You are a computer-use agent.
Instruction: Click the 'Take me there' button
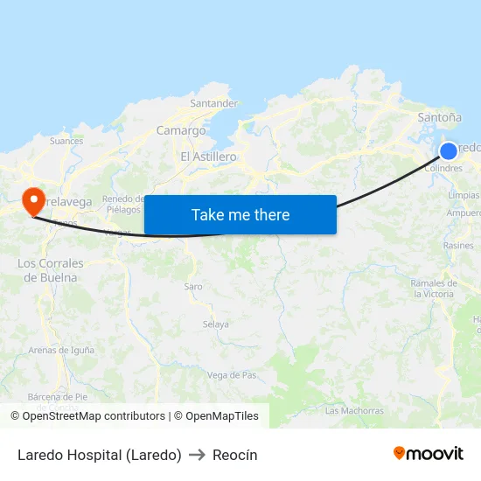pos(240,215)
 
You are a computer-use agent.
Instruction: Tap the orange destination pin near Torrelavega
pos(34,200)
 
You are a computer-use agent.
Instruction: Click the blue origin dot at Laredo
pos(449,150)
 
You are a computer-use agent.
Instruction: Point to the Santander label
pos(213,103)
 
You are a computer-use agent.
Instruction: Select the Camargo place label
pos(181,131)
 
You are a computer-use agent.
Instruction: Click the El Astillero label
pos(208,157)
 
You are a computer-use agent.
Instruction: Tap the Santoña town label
pos(440,116)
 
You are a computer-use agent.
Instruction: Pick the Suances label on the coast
pos(66,141)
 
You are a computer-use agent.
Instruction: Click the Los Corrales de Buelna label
pos(51,270)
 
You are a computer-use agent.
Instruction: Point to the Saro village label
pos(192,286)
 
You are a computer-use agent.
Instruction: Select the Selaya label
pos(215,324)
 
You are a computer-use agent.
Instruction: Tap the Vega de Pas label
pos(232,375)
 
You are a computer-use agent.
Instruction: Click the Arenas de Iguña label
pos(60,351)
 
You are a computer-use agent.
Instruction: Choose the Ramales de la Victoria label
pos(433,289)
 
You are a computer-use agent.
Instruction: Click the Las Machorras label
pos(354,410)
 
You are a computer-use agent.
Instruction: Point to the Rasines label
pos(458,246)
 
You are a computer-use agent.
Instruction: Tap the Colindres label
pos(443,168)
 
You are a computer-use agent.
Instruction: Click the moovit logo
pos(428,454)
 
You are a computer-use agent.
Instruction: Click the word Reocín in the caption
pos(234,455)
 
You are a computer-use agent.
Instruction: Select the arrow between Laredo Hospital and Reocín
pos(197,455)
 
